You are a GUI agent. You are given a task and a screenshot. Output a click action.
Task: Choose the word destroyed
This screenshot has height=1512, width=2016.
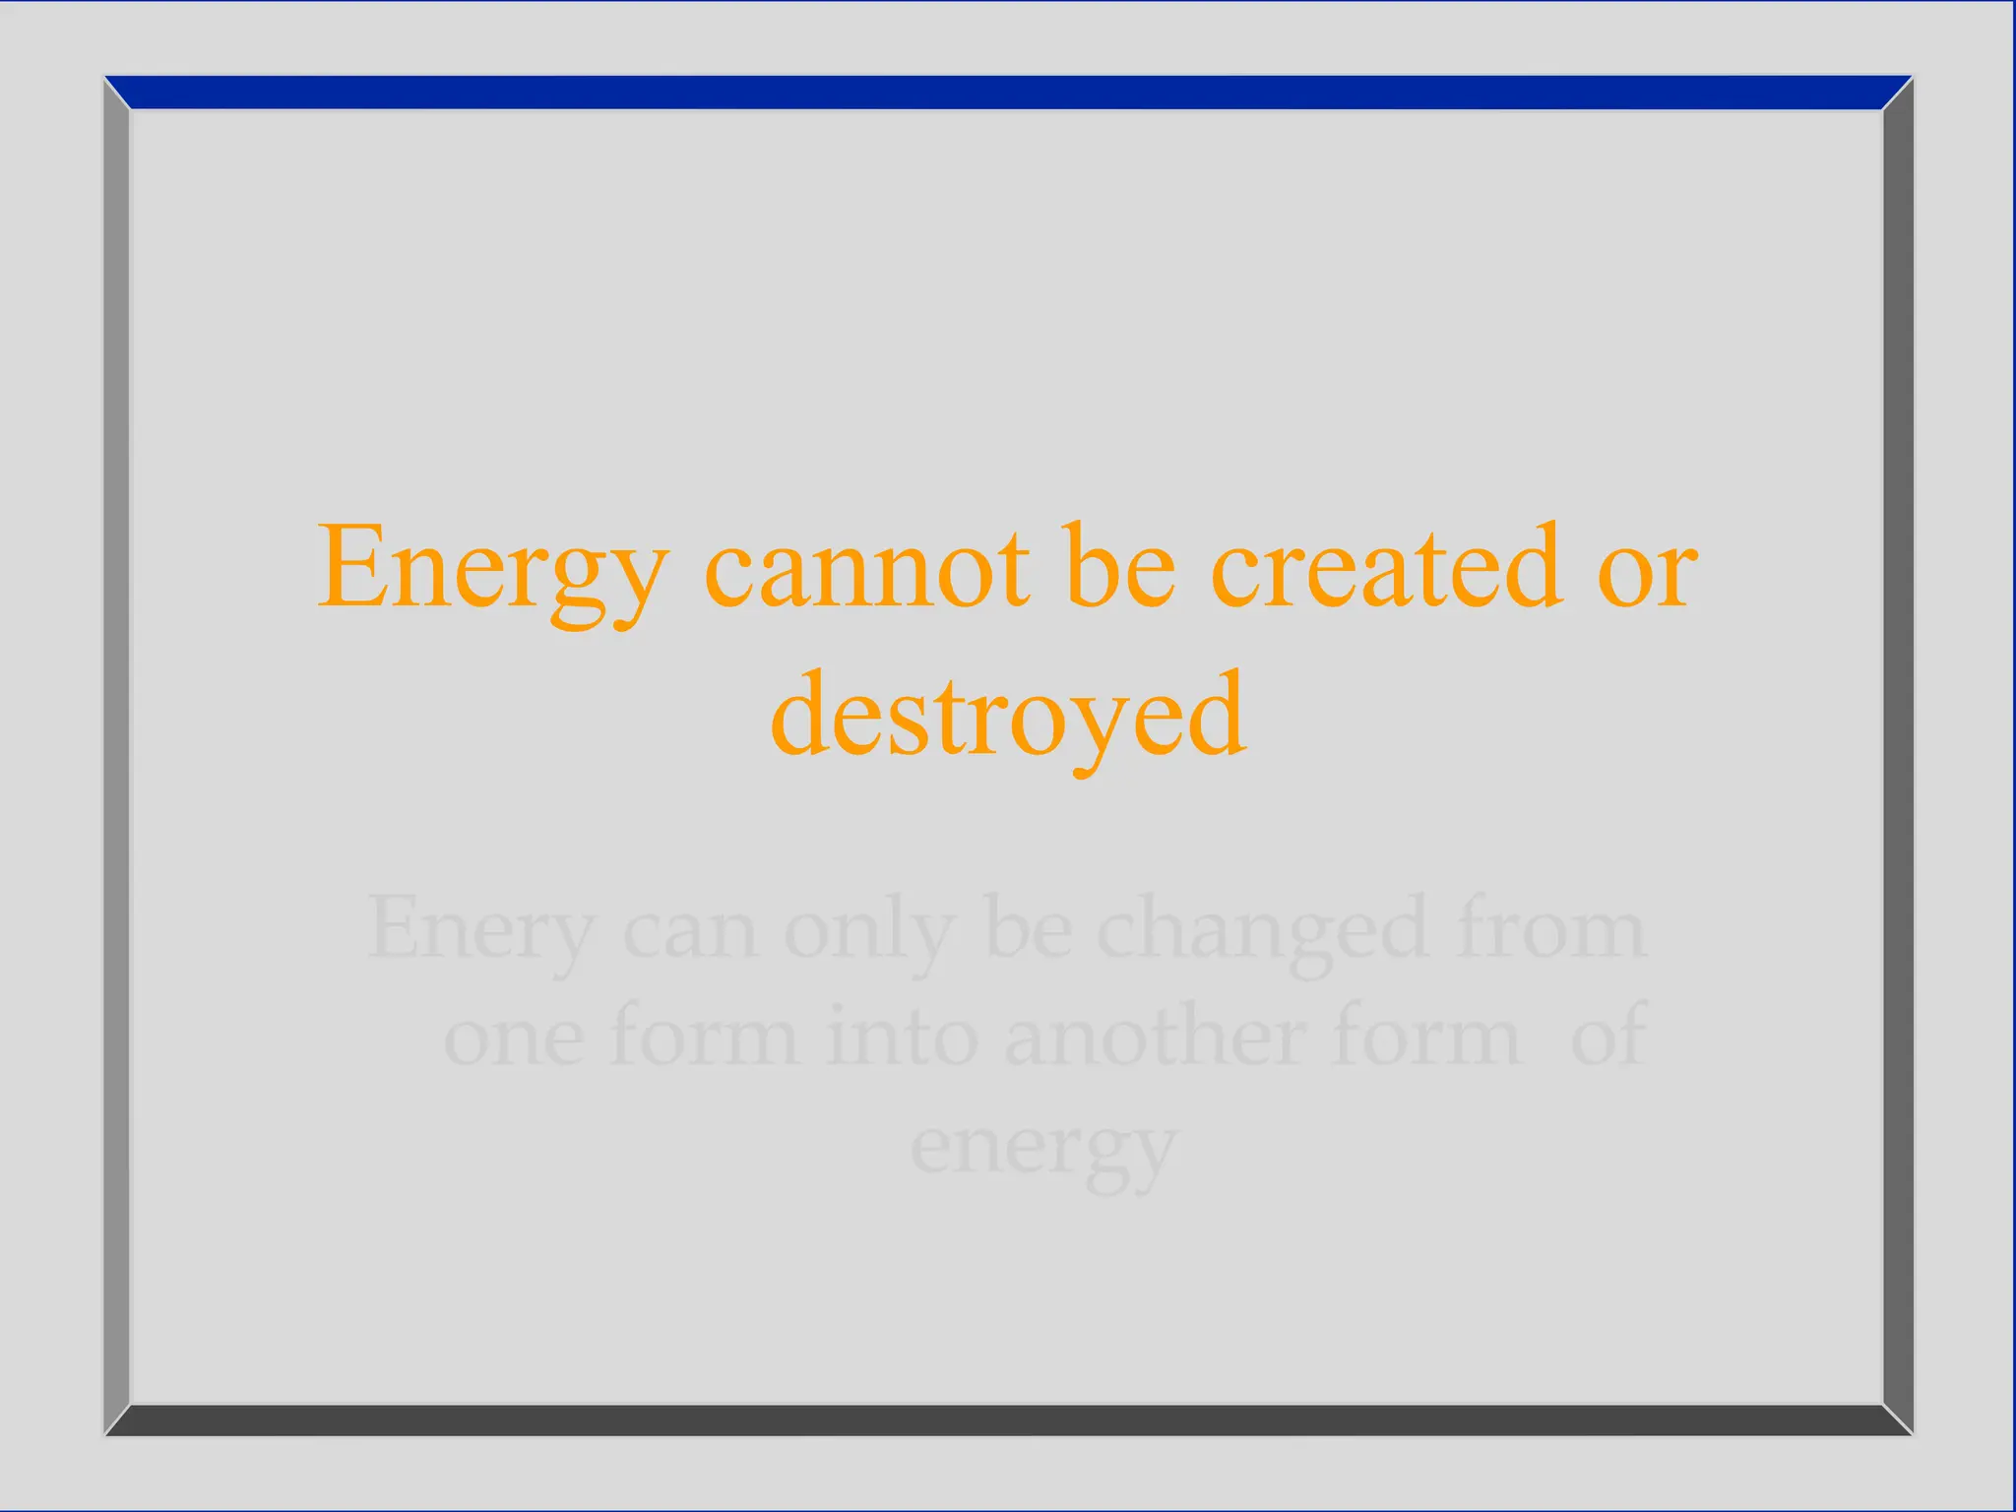pyautogui.click(x=1008, y=717)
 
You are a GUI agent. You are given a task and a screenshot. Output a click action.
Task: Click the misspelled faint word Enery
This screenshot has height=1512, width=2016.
pyautogui.click(x=480, y=930)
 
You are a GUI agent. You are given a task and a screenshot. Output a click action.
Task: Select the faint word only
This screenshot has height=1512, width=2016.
pyautogui.click(x=868, y=930)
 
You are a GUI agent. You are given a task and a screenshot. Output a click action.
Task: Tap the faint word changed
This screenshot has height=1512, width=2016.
pyautogui.click(x=1262, y=930)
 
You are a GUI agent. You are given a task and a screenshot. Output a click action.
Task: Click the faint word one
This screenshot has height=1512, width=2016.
pyautogui.click(x=514, y=1039)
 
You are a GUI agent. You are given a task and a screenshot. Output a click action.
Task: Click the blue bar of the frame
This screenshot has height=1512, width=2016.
pyautogui.click(x=1008, y=93)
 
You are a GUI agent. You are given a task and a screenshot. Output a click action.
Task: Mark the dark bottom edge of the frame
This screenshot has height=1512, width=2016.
pyautogui.click(x=1008, y=1419)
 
